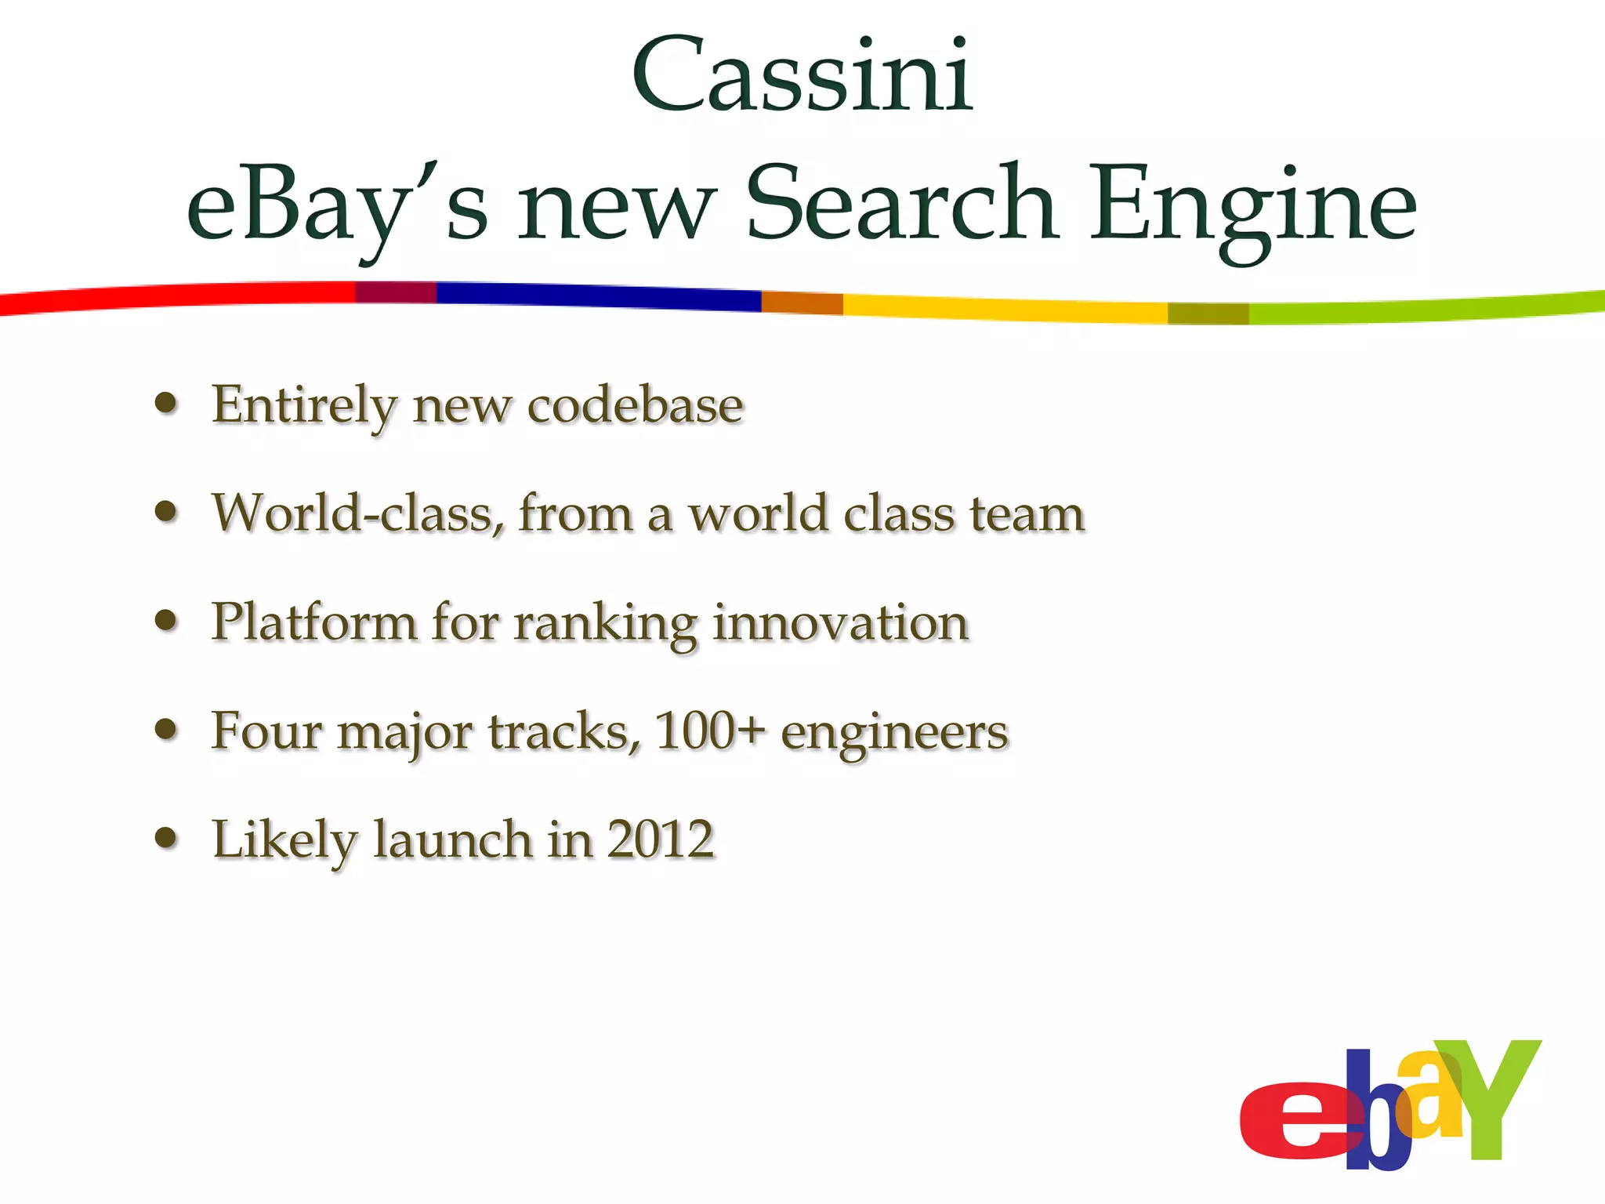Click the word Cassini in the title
tap(802, 76)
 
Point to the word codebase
tap(635, 406)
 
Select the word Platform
tap(313, 623)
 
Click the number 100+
tap(710, 731)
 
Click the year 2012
tap(661, 840)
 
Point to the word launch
tap(452, 840)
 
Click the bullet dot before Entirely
tap(166, 404)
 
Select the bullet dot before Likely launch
tap(166, 838)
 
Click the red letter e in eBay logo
tap(1293, 1121)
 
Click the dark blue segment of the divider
tap(596, 296)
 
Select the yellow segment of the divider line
tap(1003, 308)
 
